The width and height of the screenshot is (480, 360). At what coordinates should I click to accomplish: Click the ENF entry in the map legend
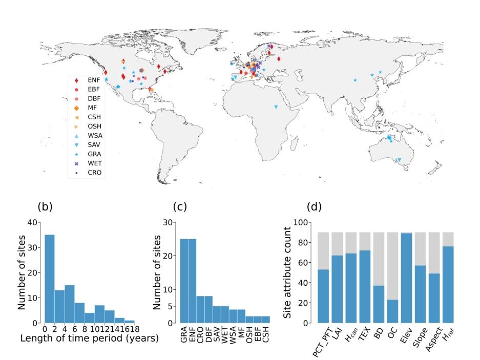click(x=88, y=80)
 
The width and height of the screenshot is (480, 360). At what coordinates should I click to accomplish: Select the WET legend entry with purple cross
click(x=88, y=163)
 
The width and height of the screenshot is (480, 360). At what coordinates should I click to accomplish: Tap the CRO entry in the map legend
click(x=88, y=173)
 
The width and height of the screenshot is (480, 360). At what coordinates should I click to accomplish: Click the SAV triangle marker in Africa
click(x=276, y=107)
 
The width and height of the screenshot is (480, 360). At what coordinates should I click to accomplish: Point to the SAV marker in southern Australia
click(x=399, y=160)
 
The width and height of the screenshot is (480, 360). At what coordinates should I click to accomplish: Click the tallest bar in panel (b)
click(x=50, y=279)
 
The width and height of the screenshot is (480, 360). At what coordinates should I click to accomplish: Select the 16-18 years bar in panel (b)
click(x=130, y=322)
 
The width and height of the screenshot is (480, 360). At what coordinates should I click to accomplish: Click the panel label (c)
click(x=180, y=207)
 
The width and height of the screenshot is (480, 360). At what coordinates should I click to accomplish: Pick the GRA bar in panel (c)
click(x=184, y=281)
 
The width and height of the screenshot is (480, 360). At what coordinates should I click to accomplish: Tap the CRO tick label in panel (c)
click(x=200, y=335)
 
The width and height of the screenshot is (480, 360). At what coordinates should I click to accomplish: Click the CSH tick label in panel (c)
click(x=265, y=335)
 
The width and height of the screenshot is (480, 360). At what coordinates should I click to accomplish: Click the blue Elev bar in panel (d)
click(x=407, y=278)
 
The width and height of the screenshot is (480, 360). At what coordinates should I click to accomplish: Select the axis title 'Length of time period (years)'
click(x=90, y=338)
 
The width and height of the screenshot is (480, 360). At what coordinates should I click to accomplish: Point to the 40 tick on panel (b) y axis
click(x=33, y=222)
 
